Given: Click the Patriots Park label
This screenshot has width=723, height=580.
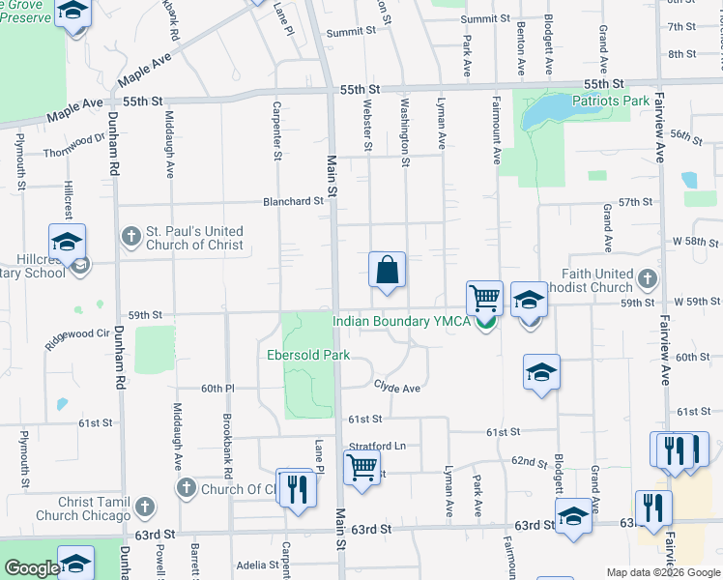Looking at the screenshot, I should pos(611,100).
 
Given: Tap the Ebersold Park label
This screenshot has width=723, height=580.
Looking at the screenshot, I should pos(308,355).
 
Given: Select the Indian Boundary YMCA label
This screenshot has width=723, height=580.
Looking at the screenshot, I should pos(401,322).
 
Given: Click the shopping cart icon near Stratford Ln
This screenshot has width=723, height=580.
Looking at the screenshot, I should pos(361,467).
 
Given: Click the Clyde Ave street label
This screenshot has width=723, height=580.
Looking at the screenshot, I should pos(397,388).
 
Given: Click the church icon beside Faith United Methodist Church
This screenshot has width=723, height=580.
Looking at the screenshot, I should pos(647,280).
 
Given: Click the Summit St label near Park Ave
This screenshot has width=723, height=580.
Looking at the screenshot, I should pos(484,18).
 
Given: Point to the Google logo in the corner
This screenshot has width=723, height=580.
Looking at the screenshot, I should pos(32,568).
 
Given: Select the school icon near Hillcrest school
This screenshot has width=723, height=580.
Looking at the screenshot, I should pos(67,241).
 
